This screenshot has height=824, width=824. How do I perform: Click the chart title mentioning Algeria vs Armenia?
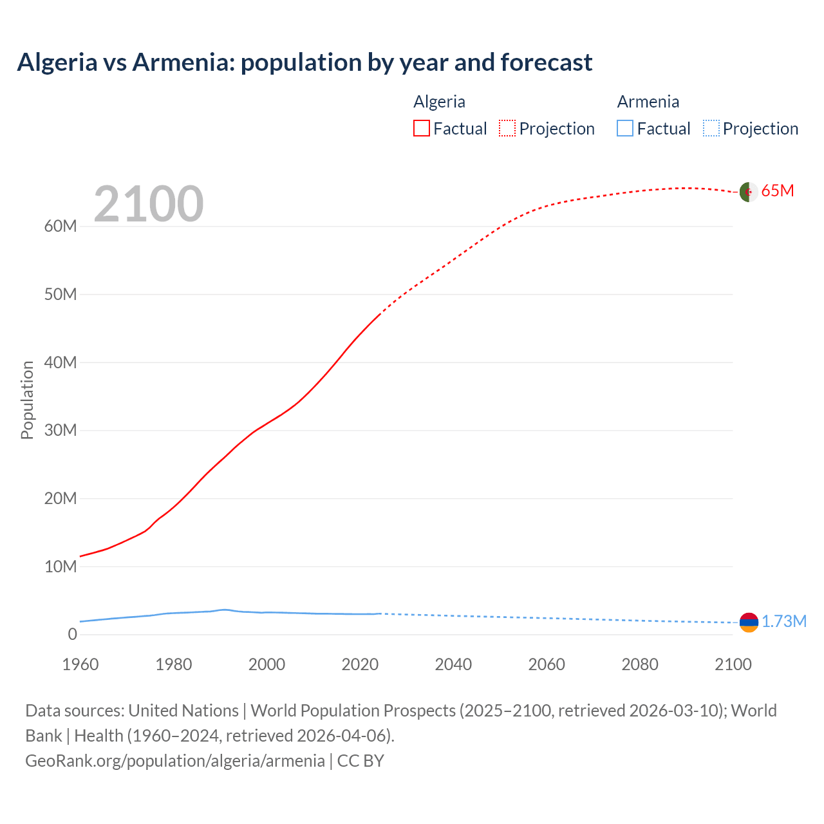click(x=304, y=62)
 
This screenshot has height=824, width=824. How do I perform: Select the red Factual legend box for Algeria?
click(x=421, y=128)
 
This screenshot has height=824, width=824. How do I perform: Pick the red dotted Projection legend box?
click(x=507, y=128)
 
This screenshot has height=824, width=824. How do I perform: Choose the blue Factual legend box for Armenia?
click(x=625, y=128)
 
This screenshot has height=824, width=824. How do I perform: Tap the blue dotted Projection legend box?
click(x=711, y=128)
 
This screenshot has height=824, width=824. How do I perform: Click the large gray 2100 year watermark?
click(x=149, y=204)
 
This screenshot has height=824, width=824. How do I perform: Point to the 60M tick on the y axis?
click(x=61, y=227)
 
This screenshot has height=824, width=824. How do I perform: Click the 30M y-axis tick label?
click(x=61, y=430)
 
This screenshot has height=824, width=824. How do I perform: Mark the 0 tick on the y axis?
click(x=72, y=634)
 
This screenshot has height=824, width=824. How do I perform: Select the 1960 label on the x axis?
click(x=80, y=664)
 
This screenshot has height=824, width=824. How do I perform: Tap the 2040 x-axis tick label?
click(x=453, y=664)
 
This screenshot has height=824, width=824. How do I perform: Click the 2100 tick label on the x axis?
click(x=733, y=664)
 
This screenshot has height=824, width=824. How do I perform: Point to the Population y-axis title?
click(x=27, y=400)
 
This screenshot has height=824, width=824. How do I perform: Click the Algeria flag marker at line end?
click(x=749, y=192)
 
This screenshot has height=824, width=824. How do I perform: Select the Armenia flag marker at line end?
click(x=749, y=622)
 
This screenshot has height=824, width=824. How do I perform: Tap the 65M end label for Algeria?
click(x=778, y=191)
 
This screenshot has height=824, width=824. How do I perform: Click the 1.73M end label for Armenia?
click(x=784, y=621)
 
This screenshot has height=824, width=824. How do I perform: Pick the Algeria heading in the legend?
click(x=439, y=102)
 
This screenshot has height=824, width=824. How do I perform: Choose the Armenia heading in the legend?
click(x=648, y=102)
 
